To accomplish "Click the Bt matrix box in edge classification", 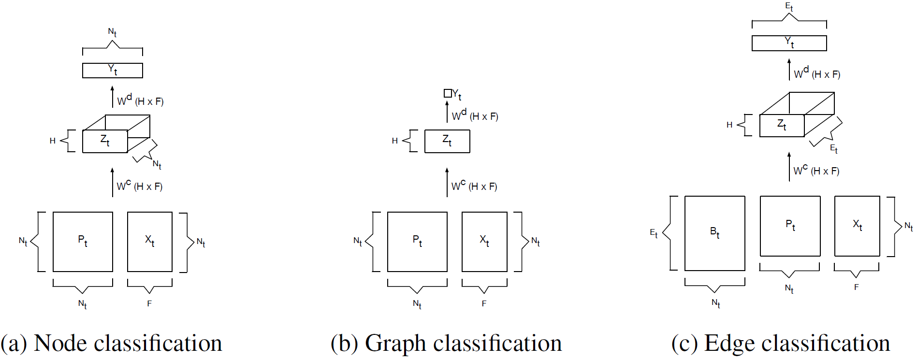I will point(714,233).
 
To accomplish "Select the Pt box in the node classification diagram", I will point(83,242).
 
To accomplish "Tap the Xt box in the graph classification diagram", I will point(484,242).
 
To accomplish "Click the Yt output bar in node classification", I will point(112,71).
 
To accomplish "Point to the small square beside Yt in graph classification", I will point(448,93).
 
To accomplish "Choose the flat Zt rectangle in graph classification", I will point(447,141).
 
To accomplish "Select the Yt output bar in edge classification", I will point(789,43).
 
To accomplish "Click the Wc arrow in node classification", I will point(112,182).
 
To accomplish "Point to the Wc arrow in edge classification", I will point(789,167).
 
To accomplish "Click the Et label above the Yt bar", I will point(789,7).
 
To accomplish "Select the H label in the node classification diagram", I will point(53,141).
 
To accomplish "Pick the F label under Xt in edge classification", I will point(856,287).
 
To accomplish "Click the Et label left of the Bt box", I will point(654,233).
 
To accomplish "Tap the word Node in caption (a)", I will point(60,344).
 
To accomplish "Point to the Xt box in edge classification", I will point(857,226).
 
